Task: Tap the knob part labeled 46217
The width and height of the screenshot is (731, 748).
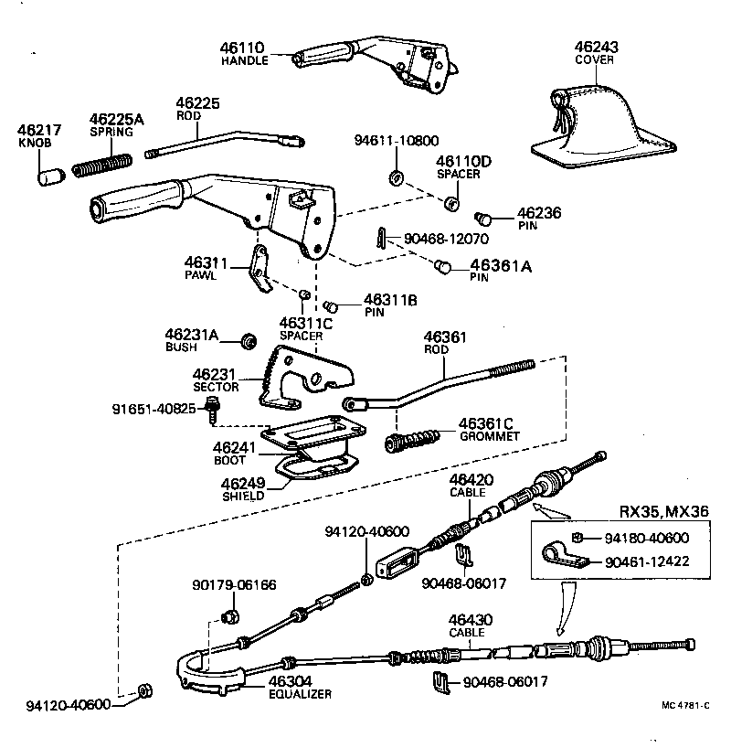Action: pyautogui.click(x=48, y=174)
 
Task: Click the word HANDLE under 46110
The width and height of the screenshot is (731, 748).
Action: pyautogui.click(x=244, y=60)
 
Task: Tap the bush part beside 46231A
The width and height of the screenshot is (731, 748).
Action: pyautogui.click(x=246, y=342)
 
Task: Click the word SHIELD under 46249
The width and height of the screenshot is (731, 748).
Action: pyautogui.click(x=243, y=496)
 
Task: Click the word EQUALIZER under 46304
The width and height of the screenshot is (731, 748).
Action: pyautogui.click(x=300, y=694)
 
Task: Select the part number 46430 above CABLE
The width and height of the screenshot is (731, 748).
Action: pyautogui.click(x=471, y=620)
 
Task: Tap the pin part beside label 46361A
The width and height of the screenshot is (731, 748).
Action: pyautogui.click(x=443, y=267)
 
